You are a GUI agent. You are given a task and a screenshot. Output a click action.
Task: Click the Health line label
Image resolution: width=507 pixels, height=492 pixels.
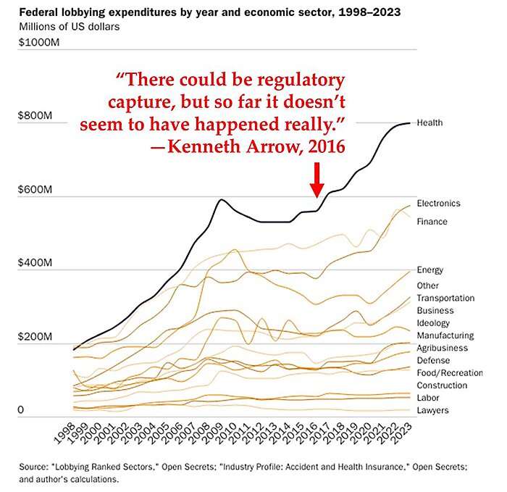[430, 123]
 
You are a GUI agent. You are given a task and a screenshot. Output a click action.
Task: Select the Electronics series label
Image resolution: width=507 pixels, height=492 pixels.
[438, 204]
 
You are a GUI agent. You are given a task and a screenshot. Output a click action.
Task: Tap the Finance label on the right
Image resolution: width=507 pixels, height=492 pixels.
[432, 222]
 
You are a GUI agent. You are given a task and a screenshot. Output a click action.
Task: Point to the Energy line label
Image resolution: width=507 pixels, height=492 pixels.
[430, 270]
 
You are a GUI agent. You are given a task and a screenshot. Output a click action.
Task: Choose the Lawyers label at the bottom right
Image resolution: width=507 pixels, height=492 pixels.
[432, 411]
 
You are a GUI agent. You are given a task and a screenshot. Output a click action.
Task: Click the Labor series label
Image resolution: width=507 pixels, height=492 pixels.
[428, 398]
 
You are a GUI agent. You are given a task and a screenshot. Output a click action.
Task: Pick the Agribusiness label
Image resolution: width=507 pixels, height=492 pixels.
[442, 348]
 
